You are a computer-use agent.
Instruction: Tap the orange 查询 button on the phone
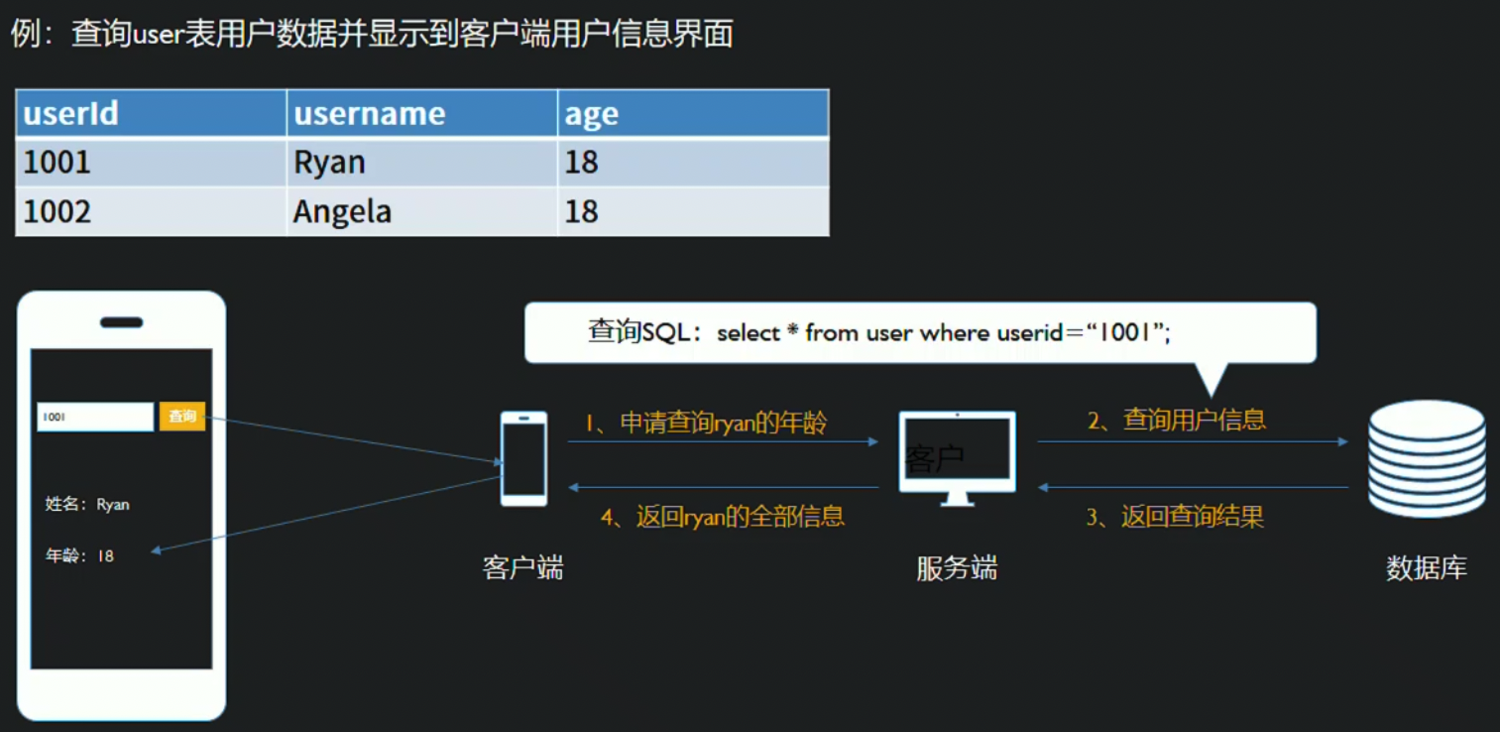[182, 417]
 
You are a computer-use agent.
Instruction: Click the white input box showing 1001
[95, 417]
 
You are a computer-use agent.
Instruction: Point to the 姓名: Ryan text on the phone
[87, 505]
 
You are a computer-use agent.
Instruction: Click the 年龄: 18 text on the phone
[80, 556]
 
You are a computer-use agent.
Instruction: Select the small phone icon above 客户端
[523, 458]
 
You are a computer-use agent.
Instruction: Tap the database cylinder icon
[1427, 458]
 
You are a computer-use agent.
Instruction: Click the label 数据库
[1427, 568]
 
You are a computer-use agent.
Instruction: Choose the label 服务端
[957, 568]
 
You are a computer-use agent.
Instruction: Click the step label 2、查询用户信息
[1177, 421]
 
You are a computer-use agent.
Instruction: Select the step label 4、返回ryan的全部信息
[723, 517]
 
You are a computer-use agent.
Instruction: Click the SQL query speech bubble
[919, 333]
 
